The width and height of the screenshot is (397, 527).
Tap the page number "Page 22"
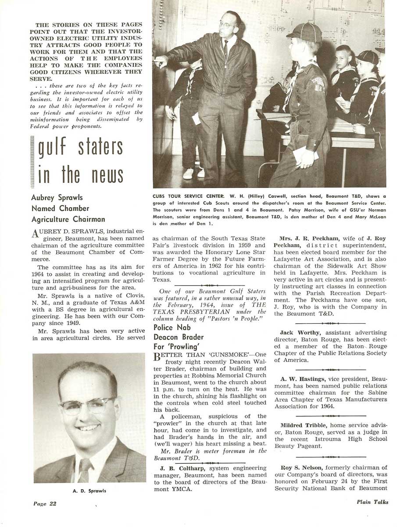pos(45,503)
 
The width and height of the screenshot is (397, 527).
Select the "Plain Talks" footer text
pos(372,502)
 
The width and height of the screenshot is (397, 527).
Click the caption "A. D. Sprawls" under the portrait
pos(89,491)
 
